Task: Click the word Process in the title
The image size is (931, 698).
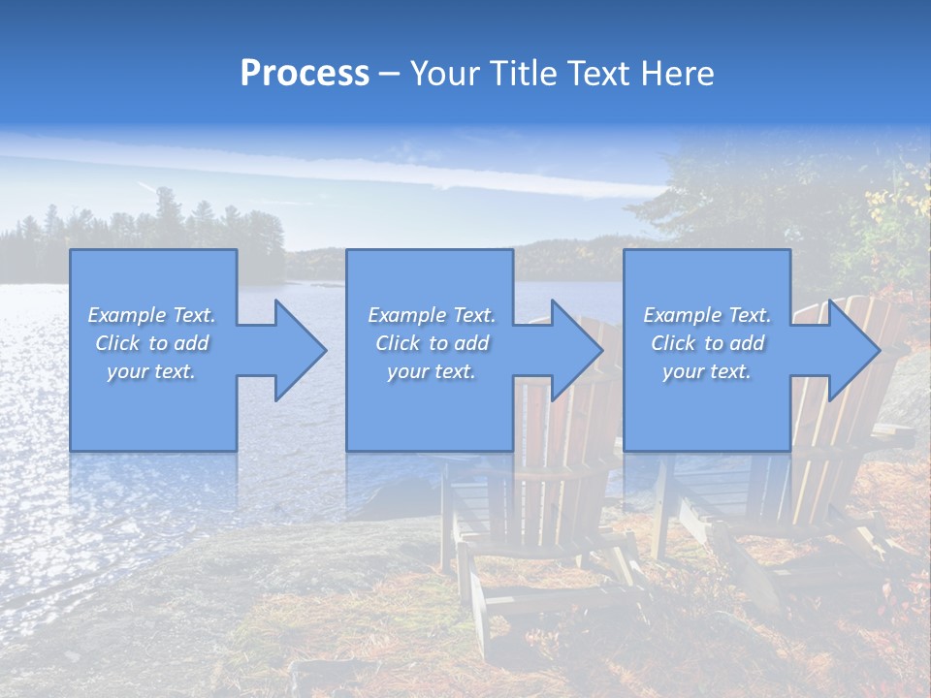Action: pos(305,74)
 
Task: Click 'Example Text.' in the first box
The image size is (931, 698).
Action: pos(151,315)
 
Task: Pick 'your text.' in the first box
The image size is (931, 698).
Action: pos(151,371)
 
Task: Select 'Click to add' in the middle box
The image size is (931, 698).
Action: pos(432,343)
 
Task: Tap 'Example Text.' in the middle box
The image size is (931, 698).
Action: pos(432,315)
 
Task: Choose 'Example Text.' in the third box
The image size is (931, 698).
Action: pos(707,315)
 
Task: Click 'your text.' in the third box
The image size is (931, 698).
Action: pos(707,371)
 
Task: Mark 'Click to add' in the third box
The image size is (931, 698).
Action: pos(707,343)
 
